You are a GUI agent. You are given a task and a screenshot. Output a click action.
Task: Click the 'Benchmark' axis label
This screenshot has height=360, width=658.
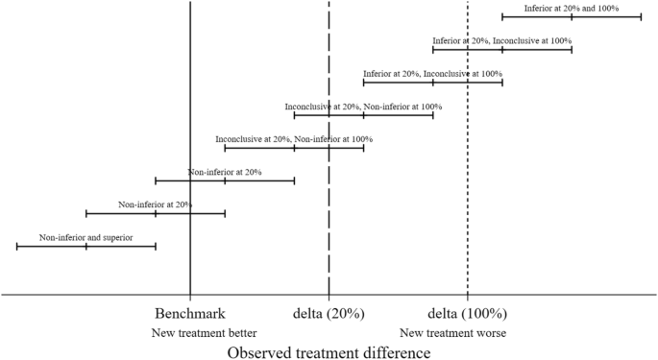point(190,314)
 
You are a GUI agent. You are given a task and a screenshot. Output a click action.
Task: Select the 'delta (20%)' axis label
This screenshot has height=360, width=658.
point(329,314)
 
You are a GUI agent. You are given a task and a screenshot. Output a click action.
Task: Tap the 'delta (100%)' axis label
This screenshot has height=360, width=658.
point(467,314)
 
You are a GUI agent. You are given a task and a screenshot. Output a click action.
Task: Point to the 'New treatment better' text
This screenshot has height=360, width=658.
point(205,333)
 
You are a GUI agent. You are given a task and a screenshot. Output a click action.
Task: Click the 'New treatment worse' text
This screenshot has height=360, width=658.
point(452,333)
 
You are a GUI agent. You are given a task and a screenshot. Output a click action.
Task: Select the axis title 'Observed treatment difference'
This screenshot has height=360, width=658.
point(329,352)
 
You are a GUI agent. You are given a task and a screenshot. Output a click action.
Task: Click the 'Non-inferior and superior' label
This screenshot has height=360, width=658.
point(85,237)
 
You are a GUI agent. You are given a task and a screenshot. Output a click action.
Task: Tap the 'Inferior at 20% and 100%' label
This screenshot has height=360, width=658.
point(571,9)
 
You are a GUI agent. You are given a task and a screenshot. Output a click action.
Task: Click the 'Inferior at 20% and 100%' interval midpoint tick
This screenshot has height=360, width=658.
point(572,16)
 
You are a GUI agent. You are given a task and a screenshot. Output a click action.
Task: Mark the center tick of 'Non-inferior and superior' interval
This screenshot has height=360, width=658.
point(86,246)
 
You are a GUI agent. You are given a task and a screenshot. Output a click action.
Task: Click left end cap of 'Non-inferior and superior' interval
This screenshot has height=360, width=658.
point(17,246)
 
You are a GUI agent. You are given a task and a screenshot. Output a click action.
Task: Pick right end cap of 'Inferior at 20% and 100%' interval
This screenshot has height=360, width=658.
point(641,16)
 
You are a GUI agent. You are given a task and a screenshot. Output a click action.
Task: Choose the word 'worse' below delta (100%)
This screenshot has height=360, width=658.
point(490,333)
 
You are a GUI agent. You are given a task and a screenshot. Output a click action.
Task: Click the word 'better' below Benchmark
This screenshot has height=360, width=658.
point(241,333)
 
